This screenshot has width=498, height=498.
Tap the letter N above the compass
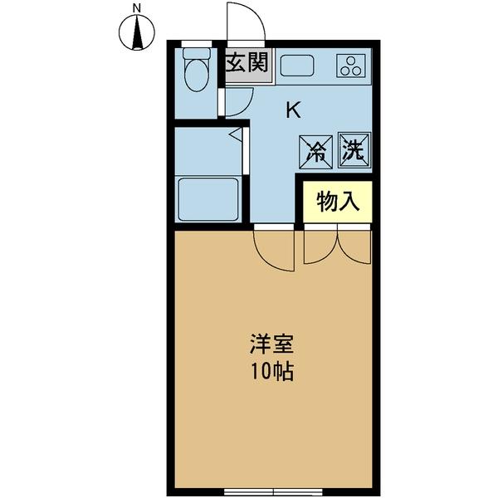[x=138, y=8]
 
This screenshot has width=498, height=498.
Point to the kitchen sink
[x=297, y=66]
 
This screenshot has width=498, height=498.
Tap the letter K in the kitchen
[x=293, y=109]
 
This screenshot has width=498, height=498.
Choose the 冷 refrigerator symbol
[x=317, y=149]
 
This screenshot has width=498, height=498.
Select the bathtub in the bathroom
[x=209, y=199]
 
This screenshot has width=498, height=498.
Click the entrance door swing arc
[x=247, y=20]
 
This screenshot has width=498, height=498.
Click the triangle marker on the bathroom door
[x=235, y=133]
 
